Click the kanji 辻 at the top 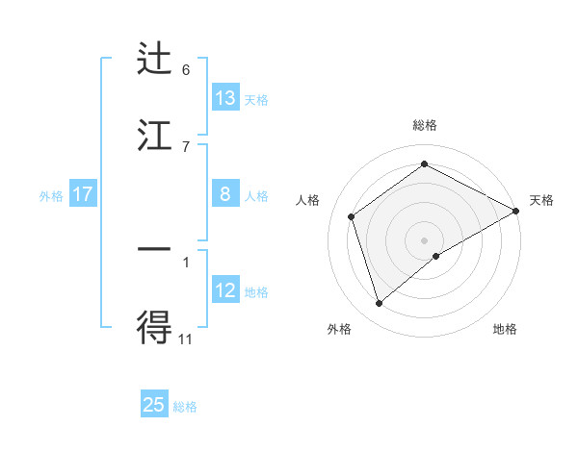(155, 60)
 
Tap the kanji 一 (155, 249)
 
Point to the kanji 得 (155, 328)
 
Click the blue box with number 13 (225, 98)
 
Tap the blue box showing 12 (225, 290)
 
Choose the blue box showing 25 (154, 405)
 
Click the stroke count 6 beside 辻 (186, 70)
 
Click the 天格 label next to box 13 (256, 99)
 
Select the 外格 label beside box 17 (51, 195)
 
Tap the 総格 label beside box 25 (185, 406)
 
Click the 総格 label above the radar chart (425, 125)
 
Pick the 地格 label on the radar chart (505, 329)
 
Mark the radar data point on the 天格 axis (516, 211)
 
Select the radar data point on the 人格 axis (352, 216)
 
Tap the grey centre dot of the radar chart (425, 239)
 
